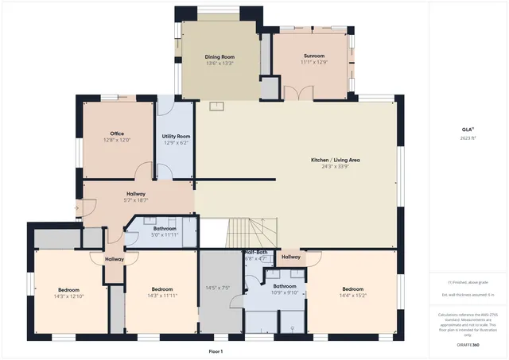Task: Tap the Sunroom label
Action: (313, 56)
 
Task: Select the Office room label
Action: (116, 134)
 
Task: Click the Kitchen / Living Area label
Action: (335, 160)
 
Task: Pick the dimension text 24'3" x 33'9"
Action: (335, 167)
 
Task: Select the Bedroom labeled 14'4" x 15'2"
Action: (353, 288)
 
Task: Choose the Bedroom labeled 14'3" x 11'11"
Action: (162, 288)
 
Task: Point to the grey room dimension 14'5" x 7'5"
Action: (217, 288)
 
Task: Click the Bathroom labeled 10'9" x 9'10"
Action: (285, 286)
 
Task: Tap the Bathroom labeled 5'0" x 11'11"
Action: (165, 229)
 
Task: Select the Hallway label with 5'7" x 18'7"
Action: (134, 194)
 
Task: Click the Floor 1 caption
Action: (216, 351)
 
